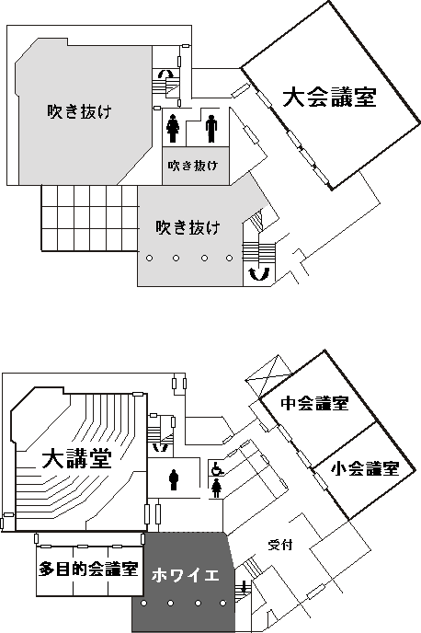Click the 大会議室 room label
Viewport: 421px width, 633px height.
pos(329,98)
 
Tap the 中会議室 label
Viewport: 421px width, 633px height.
pos(315,403)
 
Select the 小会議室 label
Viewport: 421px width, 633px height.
pos(365,468)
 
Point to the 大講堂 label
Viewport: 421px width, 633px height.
pos(77,458)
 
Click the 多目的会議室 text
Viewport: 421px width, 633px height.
pos(89,569)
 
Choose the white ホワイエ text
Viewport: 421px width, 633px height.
pos(186,575)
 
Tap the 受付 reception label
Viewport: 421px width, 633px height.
pos(280,545)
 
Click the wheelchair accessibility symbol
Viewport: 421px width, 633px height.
pos(217,468)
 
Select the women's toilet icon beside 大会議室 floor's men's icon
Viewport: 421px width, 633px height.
pos(173,129)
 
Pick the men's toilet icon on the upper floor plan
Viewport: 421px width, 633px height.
pos(211,129)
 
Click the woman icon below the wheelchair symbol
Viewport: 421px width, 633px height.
pos(217,488)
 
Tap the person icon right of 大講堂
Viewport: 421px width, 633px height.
pos(174,479)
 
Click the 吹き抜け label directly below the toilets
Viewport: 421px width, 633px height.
pos(193,166)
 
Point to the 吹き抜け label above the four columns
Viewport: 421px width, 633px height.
pos(188,227)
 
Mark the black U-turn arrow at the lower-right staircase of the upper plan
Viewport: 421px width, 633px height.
pos(258,273)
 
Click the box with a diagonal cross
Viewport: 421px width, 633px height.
pos(268,375)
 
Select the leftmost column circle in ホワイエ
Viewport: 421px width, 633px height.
pos(144,604)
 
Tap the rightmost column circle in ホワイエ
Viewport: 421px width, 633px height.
pos(223,604)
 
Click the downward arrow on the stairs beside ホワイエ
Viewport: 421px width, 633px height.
pos(244,587)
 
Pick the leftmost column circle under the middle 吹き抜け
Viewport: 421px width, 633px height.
pos(149,258)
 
